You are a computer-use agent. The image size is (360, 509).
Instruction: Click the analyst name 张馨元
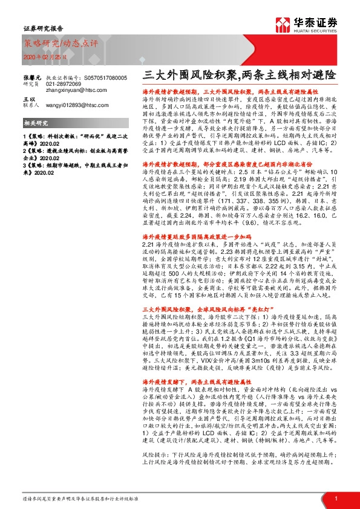32,78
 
